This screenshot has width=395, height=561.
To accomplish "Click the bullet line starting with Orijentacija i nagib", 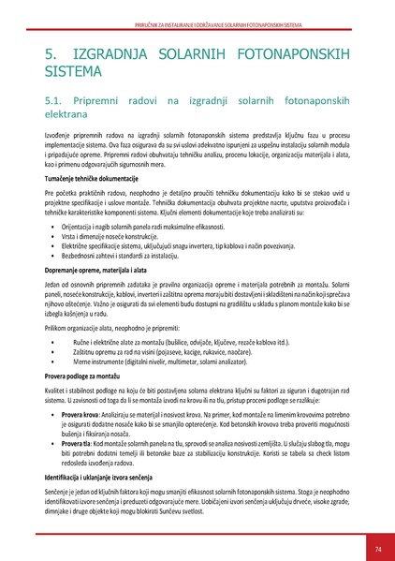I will (x=151, y=227).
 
